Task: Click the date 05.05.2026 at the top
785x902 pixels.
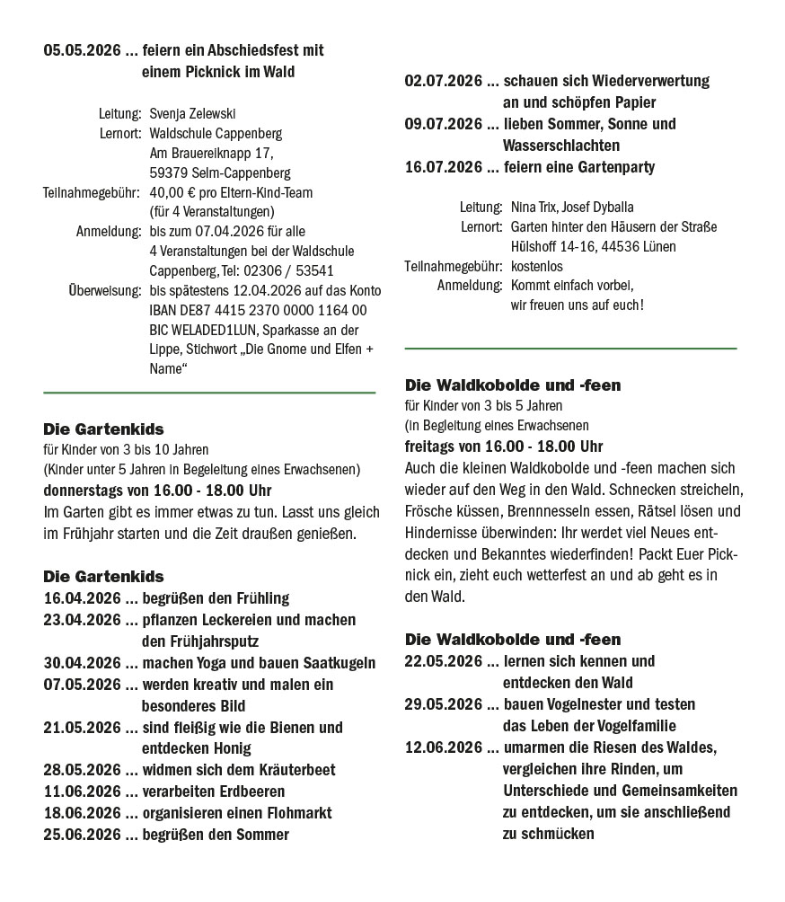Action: tap(82, 50)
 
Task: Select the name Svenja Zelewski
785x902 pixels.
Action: tap(192, 114)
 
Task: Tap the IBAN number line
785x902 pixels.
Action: tap(258, 310)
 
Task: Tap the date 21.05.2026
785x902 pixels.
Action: tap(82, 727)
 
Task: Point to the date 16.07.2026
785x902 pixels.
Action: tap(444, 167)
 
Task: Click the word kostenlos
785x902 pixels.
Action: tap(536, 267)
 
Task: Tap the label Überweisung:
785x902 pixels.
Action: tap(104, 290)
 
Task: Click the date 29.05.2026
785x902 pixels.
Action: tap(444, 704)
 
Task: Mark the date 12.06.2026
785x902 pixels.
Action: tap(444, 747)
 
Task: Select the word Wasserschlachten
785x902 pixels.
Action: tap(561, 146)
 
